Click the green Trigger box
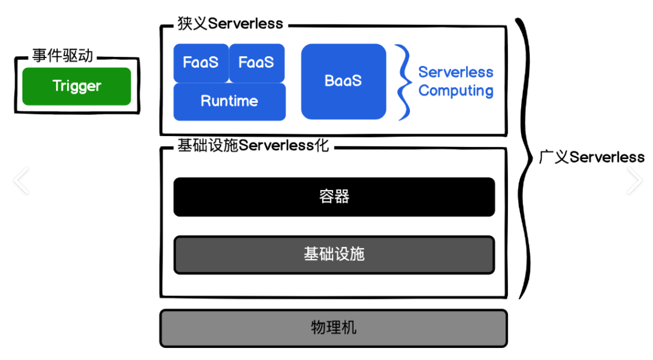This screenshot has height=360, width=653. pyautogui.click(x=77, y=86)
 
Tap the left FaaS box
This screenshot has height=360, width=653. pyautogui.click(x=201, y=62)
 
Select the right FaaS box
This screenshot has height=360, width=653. pyautogui.click(x=256, y=62)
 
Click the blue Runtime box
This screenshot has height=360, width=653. pyautogui.click(x=229, y=102)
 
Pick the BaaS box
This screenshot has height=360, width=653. pyautogui.click(x=343, y=81)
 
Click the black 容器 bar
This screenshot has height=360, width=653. pyautogui.click(x=334, y=197)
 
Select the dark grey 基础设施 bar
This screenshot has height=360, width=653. pyautogui.click(x=334, y=254)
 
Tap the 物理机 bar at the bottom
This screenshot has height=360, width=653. pyautogui.click(x=334, y=329)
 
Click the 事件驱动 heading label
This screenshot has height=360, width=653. pyautogui.click(x=63, y=56)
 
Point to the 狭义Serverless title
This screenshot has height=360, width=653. pyautogui.click(x=230, y=24)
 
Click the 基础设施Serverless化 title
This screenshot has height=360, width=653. pyautogui.click(x=253, y=146)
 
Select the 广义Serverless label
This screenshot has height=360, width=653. pyautogui.click(x=591, y=157)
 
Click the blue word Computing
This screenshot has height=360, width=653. pyautogui.click(x=456, y=91)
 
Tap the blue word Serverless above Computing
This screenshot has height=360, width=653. pyautogui.click(x=456, y=72)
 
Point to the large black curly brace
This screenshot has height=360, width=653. pyautogui.click(x=525, y=157)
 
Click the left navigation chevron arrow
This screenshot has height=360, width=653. pyautogui.click(x=21, y=181)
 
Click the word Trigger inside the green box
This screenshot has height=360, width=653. pyautogui.click(x=77, y=86)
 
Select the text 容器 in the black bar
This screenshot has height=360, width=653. pyautogui.click(x=334, y=197)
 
